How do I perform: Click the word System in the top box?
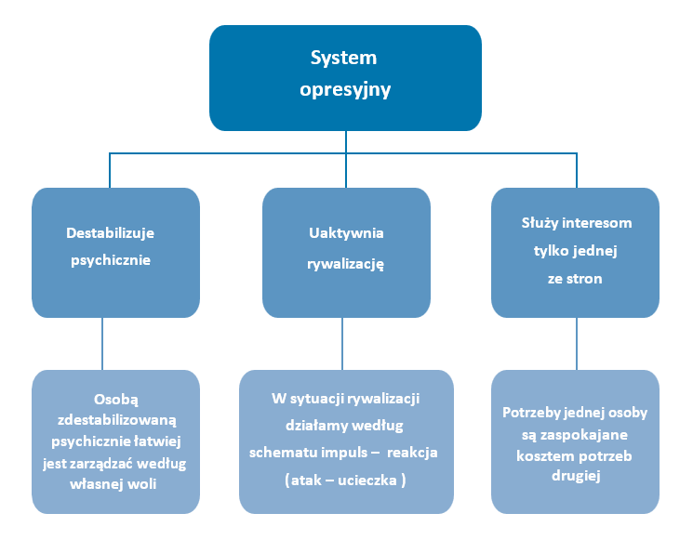[345, 58]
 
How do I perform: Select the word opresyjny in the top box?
[345, 90]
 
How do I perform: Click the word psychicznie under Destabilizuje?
[111, 260]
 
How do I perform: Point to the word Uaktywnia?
[345, 232]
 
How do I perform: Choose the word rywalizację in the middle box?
[346, 263]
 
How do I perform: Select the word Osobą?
[115, 395]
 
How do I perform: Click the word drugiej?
[575, 478]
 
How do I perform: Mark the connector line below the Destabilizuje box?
[102, 344]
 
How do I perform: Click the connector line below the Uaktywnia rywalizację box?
[343, 344]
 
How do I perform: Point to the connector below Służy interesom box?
[577, 344]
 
